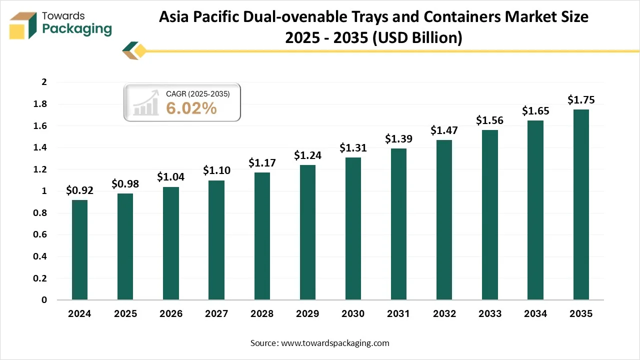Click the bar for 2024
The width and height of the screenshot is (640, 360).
point(79,250)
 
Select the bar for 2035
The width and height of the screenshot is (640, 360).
point(581,204)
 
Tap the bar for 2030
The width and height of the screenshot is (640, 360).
point(353,228)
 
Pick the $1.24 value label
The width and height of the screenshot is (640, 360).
point(307,155)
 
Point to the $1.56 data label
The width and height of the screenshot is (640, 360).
point(489,120)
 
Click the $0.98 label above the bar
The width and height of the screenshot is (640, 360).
point(125,184)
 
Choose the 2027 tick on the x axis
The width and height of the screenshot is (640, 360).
point(216,314)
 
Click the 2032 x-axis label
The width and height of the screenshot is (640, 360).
point(444,314)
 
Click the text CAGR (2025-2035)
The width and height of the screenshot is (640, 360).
point(197,93)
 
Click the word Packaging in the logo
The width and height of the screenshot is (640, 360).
point(77,29)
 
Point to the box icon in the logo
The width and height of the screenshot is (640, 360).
point(23,25)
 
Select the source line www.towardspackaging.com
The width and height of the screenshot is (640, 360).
point(319,343)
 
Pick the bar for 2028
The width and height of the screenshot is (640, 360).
point(262,236)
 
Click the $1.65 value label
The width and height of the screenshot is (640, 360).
point(535,111)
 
